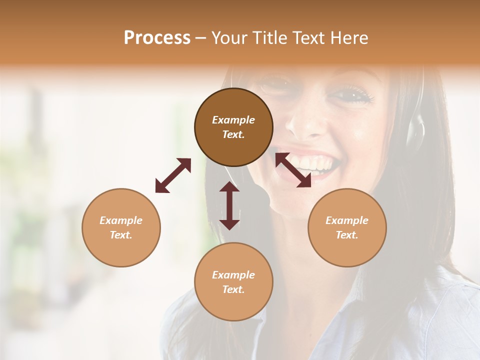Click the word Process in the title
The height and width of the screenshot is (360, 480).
157,38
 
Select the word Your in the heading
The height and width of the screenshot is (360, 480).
228,38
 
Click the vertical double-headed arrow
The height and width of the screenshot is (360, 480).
229,205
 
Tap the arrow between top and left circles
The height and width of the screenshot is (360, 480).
173,175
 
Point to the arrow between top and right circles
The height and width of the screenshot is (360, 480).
293,170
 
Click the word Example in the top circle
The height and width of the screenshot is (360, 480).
233,120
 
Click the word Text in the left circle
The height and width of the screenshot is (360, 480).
120,235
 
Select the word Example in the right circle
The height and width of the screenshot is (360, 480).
347,220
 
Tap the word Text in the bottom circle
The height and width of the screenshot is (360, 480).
233,289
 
